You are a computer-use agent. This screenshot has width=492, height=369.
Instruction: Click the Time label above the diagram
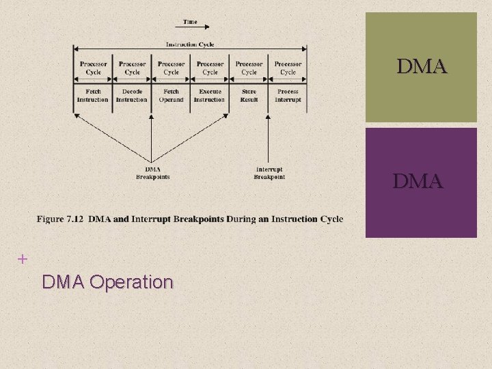pyautogui.click(x=190, y=22)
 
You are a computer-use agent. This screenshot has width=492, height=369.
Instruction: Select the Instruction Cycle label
pyautogui.click(x=190, y=44)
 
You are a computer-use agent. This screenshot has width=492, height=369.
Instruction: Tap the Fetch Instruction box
pyautogui.click(x=93, y=96)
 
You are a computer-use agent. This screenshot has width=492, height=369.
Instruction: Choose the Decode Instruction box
pyautogui.click(x=132, y=96)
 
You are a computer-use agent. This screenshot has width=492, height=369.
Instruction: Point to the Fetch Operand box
pyautogui.click(x=171, y=96)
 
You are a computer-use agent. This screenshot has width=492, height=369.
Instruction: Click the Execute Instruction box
pyautogui.click(x=210, y=96)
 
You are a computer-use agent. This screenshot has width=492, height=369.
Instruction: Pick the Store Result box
pyautogui.click(x=249, y=96)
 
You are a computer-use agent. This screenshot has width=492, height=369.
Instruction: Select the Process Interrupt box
pyautogui.click(x=288, y=96)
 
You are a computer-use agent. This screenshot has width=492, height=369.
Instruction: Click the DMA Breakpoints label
pyautogui.click(x=152, y=173)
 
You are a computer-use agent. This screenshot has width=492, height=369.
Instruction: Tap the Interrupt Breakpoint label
pyautogui.click(x=269, y=173)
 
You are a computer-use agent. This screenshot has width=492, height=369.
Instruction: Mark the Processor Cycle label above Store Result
pyautogui.click(x=249, y=68)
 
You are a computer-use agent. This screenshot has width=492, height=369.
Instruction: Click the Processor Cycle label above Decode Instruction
pyautogui.click(x=132, y=68)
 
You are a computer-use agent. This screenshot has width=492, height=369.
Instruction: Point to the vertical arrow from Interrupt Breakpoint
pyautogui.click(x=269, y=140)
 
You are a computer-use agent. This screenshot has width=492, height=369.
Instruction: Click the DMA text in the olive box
pyautogui.click(x=422, y=67)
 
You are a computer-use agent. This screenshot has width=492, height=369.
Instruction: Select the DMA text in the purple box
pyautogui.click(x=418, y=182)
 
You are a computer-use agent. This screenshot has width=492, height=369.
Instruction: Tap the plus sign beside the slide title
pyautogui.click(x=23, y=259)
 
